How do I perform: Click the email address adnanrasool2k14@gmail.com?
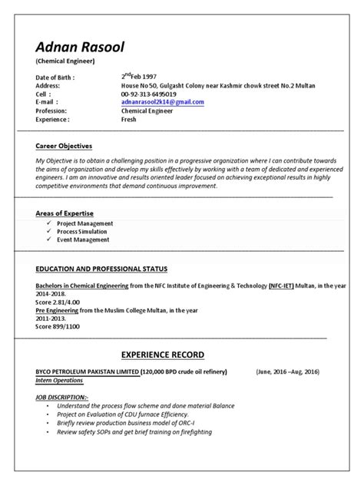[x=162, y=101]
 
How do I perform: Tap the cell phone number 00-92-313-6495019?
[x=154, y=94]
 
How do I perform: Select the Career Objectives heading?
[x=64, y=145]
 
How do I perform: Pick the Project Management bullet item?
[x=85, y=223]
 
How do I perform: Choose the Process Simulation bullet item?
[x=84, y=231]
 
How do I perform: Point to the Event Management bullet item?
[x=83, y=239]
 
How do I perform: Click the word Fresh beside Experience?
[x=129, y=120]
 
